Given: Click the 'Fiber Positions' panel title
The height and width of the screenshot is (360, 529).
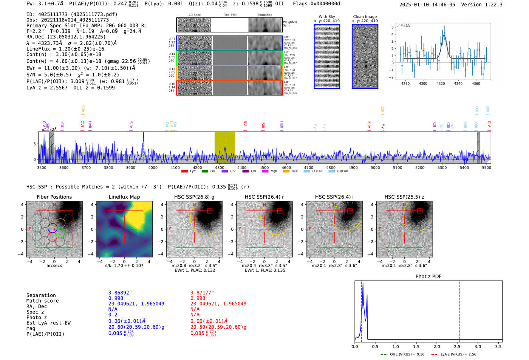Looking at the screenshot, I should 54,197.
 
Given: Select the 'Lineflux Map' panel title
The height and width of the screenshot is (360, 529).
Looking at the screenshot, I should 124,197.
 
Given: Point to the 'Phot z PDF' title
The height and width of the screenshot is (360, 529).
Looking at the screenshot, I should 428,277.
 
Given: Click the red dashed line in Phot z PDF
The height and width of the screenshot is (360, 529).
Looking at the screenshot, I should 459,310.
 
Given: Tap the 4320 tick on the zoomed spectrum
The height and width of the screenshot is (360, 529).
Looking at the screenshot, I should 441,83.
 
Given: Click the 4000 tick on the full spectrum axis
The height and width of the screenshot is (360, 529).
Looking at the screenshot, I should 153,167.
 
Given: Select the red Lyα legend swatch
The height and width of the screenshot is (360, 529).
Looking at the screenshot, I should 184,172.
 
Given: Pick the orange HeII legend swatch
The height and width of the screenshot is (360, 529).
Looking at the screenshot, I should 286,172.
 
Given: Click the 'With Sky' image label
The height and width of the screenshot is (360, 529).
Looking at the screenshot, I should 327,17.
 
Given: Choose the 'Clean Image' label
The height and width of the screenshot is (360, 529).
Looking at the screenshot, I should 365,17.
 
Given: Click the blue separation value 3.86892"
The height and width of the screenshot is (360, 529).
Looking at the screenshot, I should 120,293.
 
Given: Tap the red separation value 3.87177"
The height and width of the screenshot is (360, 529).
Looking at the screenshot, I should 202,293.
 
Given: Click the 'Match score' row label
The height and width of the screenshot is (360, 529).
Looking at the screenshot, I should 42,301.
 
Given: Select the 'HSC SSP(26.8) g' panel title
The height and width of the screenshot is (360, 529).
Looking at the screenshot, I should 194,197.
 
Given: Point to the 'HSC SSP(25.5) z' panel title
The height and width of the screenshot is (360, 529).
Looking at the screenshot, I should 404,197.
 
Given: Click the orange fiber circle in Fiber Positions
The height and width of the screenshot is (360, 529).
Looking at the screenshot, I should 60,223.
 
